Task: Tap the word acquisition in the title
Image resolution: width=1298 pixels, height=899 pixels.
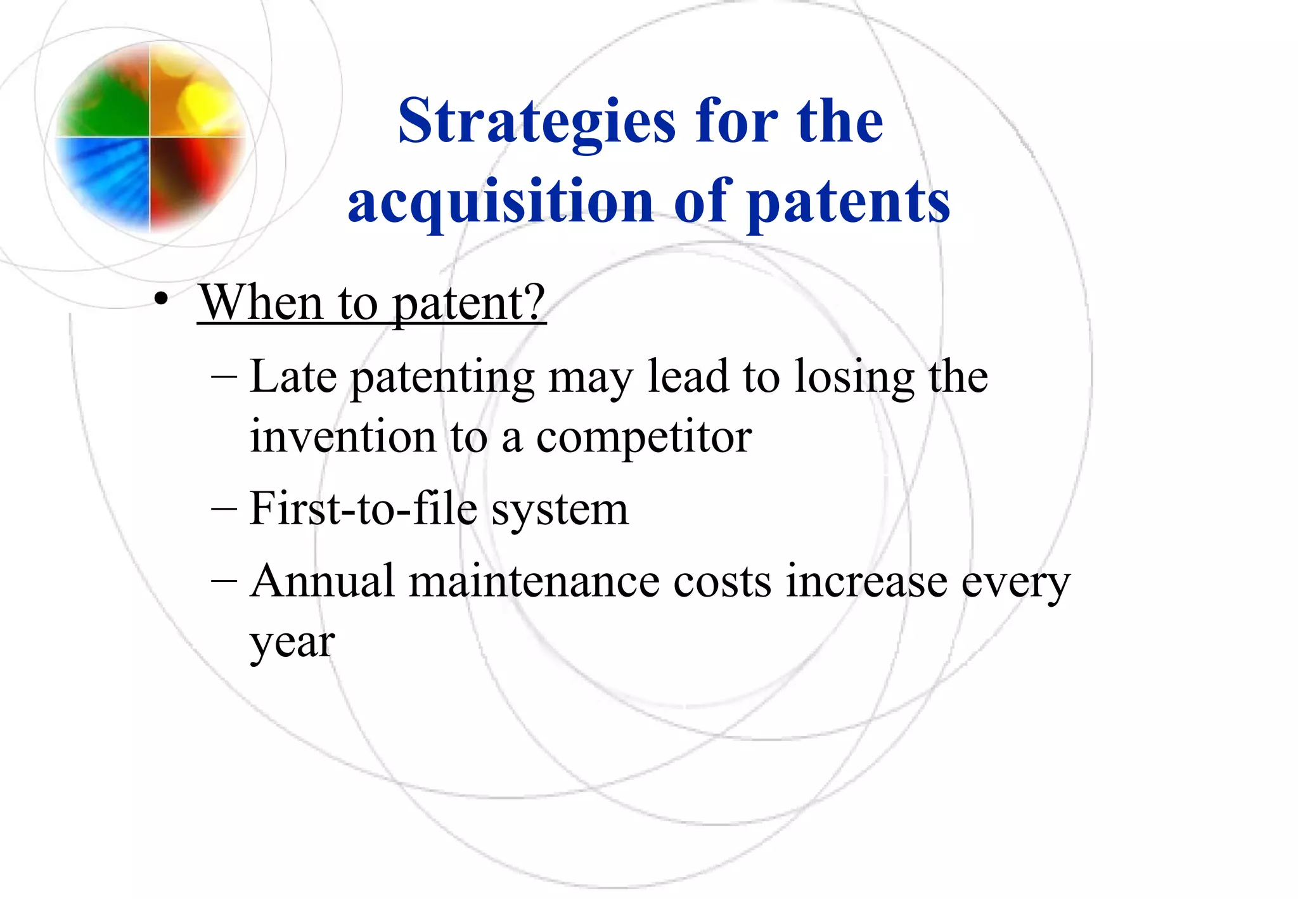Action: [501, 202]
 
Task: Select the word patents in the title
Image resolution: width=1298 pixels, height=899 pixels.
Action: [849, 202]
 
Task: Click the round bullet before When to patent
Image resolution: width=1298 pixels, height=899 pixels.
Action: [161, 299]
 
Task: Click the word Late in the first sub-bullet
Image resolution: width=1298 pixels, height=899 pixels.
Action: [293, 377]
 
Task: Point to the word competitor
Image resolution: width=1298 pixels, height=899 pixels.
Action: [643, 437]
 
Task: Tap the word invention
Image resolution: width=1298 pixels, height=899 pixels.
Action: [343, 437]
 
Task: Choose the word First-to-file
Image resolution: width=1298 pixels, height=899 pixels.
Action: [363, 508]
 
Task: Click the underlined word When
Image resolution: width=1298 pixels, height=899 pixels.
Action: [262, 303]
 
